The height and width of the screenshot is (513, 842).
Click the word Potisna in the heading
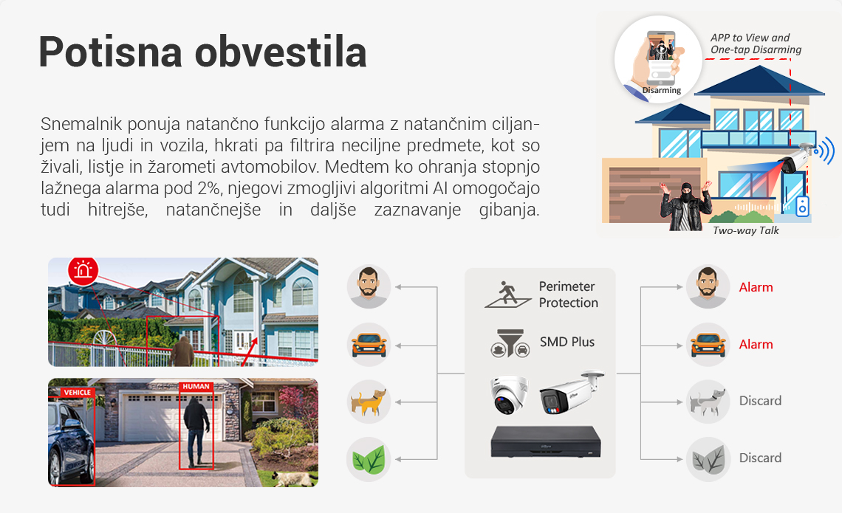pos(111,52)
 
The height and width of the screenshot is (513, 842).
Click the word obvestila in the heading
pos(281,52)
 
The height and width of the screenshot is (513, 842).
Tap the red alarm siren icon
pos(83,270)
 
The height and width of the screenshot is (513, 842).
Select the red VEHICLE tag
pos(77,392)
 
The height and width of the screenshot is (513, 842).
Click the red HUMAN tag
pos(196,386)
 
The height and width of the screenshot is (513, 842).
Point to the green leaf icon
pos(369,459)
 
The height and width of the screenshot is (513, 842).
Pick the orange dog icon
pos(369,402)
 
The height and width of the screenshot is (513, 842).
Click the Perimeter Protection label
pos(568,295)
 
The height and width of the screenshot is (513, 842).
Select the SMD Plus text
pos(567,342)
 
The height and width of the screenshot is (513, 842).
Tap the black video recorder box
pos(546,442)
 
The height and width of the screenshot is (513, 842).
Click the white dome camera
pos(509,394)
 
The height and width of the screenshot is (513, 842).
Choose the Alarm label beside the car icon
pos(756,345)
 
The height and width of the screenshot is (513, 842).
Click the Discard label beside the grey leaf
pos(760,458)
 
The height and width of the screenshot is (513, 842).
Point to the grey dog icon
pos(708,402)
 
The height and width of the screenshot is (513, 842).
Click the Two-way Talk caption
pos(745,230)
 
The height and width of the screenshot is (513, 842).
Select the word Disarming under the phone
pos(662,90)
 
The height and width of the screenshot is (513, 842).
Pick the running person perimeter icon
pos(507,294)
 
